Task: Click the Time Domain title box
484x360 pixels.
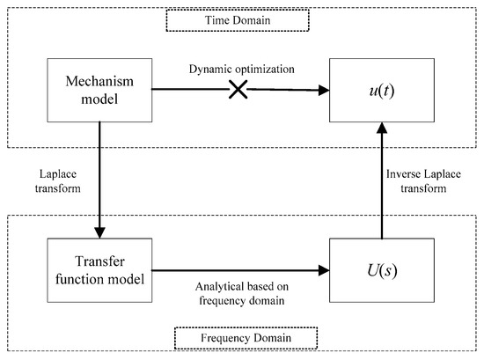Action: (x=243, y=18)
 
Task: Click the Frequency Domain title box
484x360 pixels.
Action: (x=242, y=337)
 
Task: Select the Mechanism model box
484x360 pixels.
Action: (x=99, y=89)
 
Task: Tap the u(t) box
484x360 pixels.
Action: (x=380, y=89)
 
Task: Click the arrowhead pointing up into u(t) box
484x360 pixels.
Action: (x=380, y=127)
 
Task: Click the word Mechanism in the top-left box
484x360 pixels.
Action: (x=99, y=81)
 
